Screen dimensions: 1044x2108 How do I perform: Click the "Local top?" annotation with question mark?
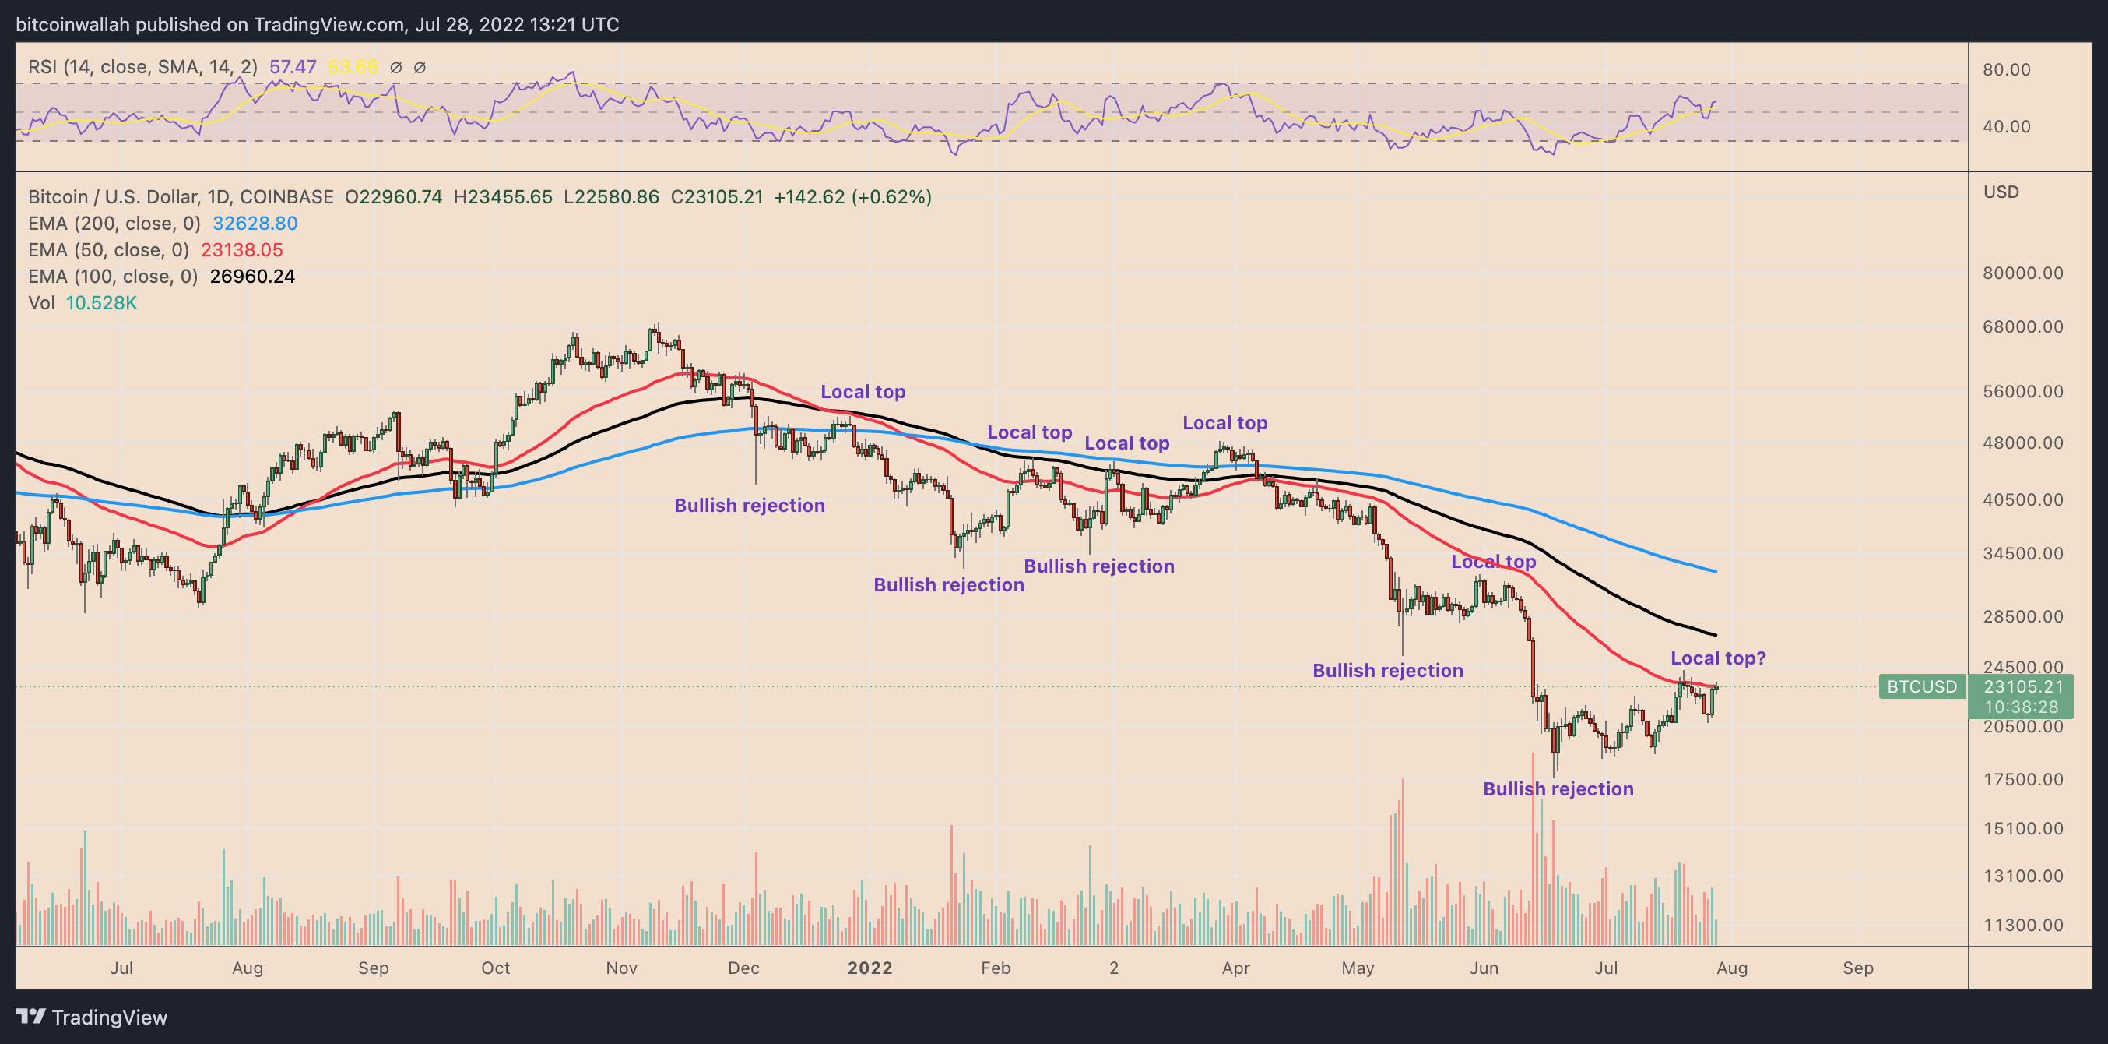coord(1718,658)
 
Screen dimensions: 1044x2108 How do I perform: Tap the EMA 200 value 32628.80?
coord(255,224)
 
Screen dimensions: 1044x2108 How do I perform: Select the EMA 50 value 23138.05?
coord(241,250)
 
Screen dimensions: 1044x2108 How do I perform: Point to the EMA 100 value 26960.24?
coord(252,277)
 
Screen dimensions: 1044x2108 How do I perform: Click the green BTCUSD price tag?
coord(1920,686)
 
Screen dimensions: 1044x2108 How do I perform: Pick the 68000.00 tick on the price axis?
coord(2022,326)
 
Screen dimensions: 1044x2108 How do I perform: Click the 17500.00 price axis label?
coord(2022,778)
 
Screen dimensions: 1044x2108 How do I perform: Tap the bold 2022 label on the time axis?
coord(869,968)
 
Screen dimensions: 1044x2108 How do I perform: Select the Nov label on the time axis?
coord(621,968)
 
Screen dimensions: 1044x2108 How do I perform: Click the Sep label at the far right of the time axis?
coord(1857,968)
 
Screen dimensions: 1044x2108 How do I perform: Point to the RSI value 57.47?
coord(292,67)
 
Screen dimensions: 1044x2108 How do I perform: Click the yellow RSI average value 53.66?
coord(353,67)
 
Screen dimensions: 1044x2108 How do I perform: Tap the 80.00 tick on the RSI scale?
coord(2007,69)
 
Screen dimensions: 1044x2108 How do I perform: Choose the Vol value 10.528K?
coord(101,303)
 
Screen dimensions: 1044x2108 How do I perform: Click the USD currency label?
coord(2001,192)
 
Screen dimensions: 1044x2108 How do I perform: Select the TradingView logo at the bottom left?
coord(92,1017)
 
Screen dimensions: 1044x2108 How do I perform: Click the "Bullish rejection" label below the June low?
coord(1558,788)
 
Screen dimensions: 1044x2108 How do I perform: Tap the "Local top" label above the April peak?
coord(1224,422)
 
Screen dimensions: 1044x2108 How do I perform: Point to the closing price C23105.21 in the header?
coord(716,197)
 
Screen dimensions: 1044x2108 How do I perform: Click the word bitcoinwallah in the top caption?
coord(73,25)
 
